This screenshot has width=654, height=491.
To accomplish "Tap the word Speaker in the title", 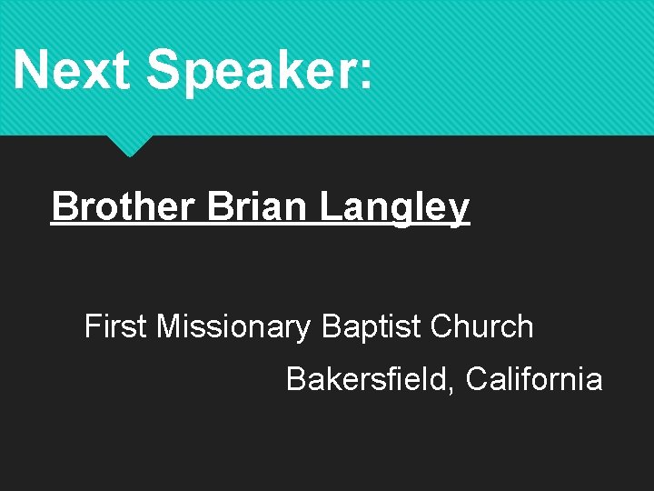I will (241, 71).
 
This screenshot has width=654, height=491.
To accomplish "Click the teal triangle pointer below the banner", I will (129, 145).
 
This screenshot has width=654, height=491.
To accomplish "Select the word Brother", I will (123, 206).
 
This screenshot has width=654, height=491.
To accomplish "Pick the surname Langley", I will (394, 208).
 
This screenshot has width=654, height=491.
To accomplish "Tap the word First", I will (115, 326).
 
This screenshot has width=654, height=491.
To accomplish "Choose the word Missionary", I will (233, 327).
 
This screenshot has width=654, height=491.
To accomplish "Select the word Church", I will (482, 326).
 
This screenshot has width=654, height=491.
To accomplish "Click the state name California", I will (534, 378).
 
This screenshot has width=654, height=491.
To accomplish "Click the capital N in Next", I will (33, 69).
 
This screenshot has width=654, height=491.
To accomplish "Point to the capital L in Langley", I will (331, 206).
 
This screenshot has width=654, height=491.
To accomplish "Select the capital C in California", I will (477, 378).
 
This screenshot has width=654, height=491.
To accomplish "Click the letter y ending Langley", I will (459, 211).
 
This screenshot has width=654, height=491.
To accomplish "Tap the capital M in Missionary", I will (169, 326).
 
